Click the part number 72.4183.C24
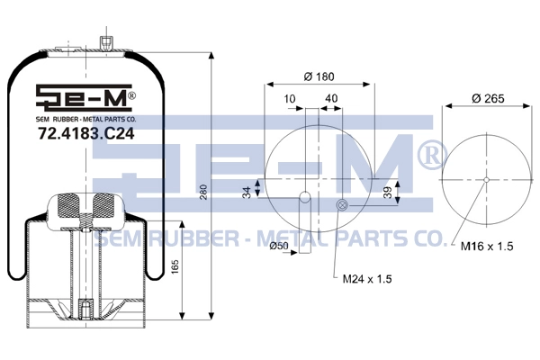click(86, 134)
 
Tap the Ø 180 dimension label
click(319, 76)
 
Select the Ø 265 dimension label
click(488, 98)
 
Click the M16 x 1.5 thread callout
click(487, 247)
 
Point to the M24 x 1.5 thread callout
click(367, 279)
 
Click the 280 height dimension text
click(203, 193)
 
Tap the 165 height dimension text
click(175, 267)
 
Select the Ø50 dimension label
click(279, 246)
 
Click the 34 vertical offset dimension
click(247, 193)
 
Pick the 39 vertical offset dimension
click(388, 193)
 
